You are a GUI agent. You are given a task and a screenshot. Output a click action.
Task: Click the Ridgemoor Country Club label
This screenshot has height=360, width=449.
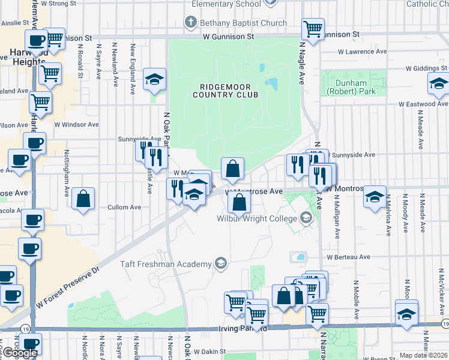(x=225, y=91)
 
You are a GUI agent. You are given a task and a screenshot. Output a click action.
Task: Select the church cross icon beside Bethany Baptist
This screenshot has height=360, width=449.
(x=191, y=23)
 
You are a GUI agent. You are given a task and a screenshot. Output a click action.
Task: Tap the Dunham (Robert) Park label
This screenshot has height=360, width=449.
(x=351, y=88)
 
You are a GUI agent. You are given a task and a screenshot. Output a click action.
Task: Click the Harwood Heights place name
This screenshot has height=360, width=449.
(x=28, y=57)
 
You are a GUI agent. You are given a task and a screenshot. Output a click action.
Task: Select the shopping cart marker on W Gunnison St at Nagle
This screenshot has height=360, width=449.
(x=313, y=28)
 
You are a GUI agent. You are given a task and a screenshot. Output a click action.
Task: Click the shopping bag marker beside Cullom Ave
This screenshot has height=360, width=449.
(x=83, y=197)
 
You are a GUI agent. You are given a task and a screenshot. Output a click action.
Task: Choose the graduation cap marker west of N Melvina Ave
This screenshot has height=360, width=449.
(x=375, y=196)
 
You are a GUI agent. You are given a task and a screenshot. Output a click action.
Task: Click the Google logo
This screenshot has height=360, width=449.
(x=20, y=353)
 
